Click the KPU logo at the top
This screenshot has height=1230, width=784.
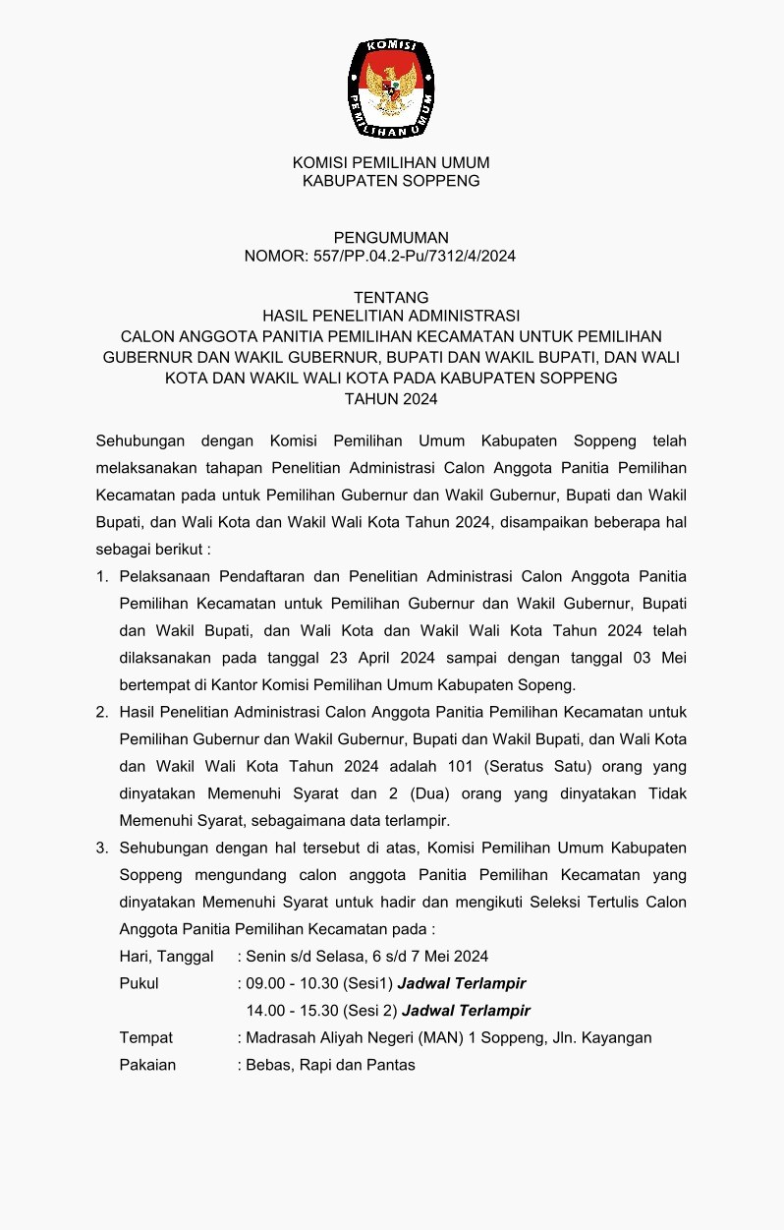(391, 88)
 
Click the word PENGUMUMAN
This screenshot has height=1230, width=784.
(391, 237)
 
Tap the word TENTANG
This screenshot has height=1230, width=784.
(391, 297)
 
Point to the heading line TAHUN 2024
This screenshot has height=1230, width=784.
(391, 399)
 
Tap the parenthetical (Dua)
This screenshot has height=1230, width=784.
(491, 792)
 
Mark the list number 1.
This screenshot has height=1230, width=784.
(102, 575)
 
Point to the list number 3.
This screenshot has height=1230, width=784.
(102, 848)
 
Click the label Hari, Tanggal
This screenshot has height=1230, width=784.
(166, 956)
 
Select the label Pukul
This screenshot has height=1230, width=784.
(139, 983)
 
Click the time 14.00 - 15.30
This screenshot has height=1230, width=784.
(292, 1011)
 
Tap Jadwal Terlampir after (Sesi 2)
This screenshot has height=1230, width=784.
(466, 1011)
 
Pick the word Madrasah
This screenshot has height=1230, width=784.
(280, 1037)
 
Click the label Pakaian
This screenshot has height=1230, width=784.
(147, 1065)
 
